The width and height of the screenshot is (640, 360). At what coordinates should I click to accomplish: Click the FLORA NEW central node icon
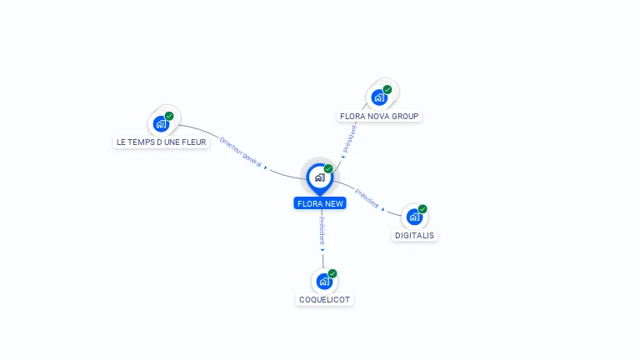(x=319, y=177)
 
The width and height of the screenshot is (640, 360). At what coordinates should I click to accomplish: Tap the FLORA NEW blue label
(x=319, y=203)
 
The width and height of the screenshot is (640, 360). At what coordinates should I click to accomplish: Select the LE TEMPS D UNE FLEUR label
(x=162, y=142)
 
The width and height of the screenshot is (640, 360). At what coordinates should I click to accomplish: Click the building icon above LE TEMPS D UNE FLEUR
(x=162, y=124)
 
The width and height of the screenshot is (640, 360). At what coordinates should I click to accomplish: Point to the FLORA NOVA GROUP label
(x=380, y=117)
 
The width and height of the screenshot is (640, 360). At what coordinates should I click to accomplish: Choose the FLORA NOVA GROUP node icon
(x=379, y=97)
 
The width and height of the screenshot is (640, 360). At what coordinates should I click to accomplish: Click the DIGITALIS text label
(x=415, y=236)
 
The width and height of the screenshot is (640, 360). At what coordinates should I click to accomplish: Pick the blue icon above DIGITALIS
(x=414, y=217)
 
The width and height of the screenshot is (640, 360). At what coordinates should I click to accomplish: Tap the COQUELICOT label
(x=325, y=300)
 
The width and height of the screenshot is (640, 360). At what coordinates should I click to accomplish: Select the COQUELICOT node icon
(x=324, y=282)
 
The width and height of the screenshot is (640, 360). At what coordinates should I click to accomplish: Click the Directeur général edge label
(x=241, y=152)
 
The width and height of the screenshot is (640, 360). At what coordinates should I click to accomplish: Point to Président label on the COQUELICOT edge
(x=322, y=229)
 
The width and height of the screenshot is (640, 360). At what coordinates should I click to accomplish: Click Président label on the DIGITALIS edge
(x=366, y=198)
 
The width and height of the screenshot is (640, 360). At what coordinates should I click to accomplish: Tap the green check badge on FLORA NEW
(x=328, y=169)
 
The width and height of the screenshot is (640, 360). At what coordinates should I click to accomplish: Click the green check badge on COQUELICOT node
(x=332, y=273)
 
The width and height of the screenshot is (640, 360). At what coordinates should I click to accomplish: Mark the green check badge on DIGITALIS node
(x=422, y=209)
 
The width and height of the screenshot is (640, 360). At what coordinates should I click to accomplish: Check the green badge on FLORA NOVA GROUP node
(x=387, y=89)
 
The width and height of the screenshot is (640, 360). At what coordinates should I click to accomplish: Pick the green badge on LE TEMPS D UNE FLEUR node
(x=169, y=117)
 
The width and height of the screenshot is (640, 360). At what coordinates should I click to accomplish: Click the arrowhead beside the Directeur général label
(x=266, y=166)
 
